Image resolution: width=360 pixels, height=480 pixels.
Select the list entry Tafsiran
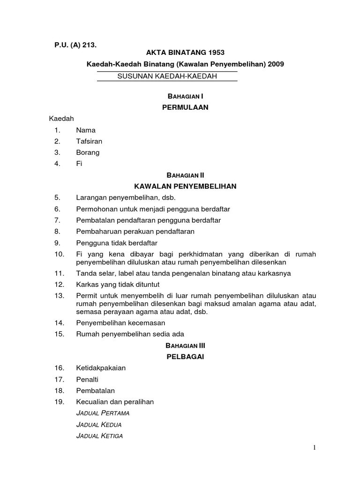[89, 142]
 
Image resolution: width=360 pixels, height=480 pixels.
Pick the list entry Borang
[88, 152]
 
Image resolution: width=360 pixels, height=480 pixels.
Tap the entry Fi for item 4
[79, 164]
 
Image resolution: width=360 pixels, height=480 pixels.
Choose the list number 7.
[58, 220]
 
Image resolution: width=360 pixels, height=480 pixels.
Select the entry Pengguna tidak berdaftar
[116, 243]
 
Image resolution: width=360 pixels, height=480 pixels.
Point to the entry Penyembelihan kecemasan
[120, 323]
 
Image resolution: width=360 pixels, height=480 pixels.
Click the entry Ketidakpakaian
[101, 368]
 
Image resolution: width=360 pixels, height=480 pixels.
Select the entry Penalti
[87, 379]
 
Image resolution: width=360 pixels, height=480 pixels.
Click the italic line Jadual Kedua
[98, 425]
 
